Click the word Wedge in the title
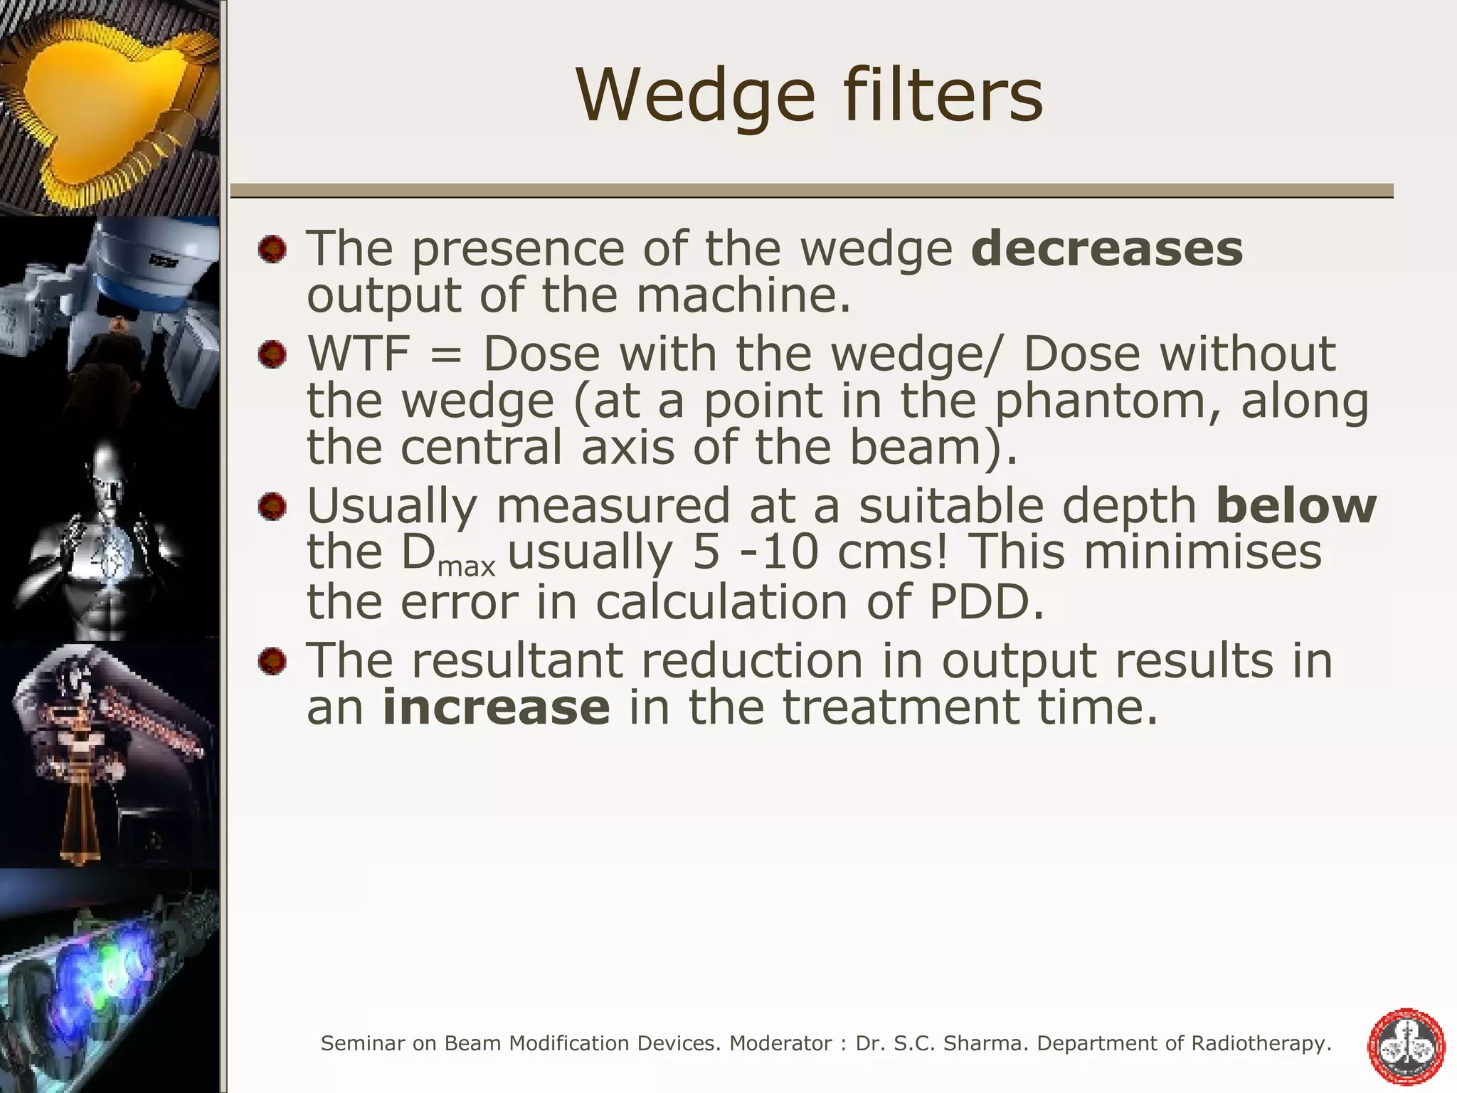(695, 97)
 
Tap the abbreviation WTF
(358, 354)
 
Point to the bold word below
(1296, 506)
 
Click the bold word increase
(496, 707)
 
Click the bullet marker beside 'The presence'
(272, 250)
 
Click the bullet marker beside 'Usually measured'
(272, 507)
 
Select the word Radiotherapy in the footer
(1260, 1044)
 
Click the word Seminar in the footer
(364, 1044)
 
